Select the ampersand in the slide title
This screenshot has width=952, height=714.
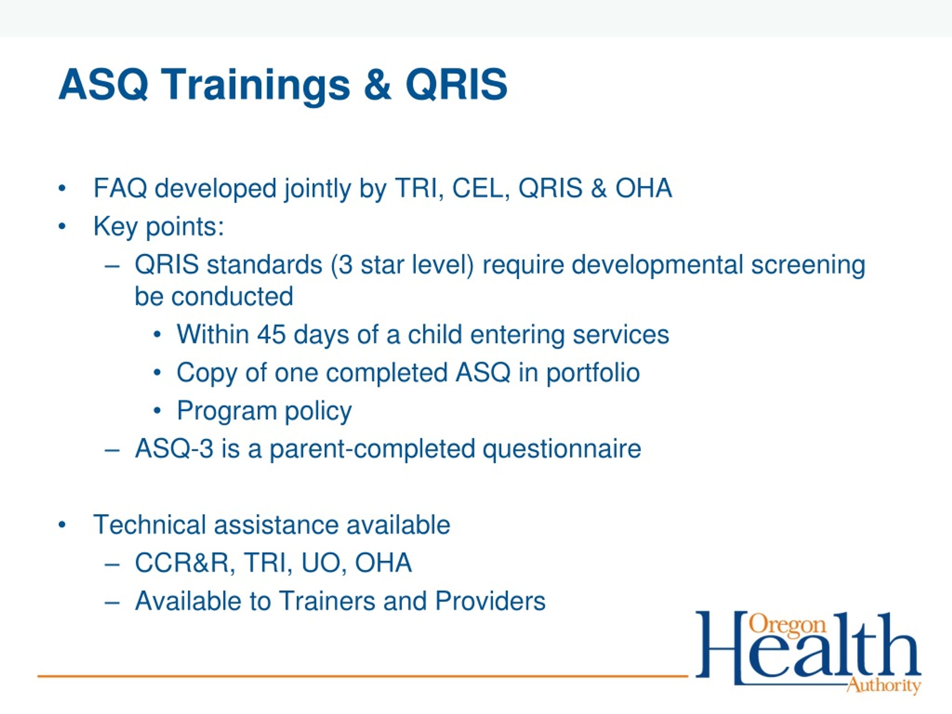coord(377,85)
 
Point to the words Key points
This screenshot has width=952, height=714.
coord(159,227)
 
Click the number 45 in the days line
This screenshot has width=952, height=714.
coord(271,334)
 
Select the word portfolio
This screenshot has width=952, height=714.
coord(593,373)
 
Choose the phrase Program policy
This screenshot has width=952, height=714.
coord(264,411)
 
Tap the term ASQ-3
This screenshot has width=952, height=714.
coord(174,448)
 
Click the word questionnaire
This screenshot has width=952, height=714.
coord(562,449)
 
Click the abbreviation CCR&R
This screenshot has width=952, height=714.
coord(184,563)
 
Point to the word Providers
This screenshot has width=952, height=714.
coord(490,601)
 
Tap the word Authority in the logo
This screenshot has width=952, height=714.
coord(884,685)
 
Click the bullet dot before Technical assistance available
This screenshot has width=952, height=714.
coord(62,525)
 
